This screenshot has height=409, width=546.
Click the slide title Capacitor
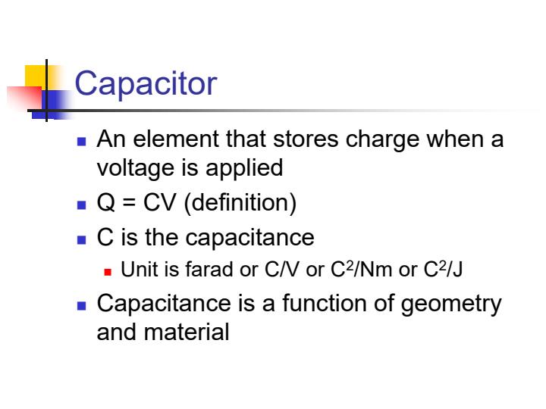pos(146,84)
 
